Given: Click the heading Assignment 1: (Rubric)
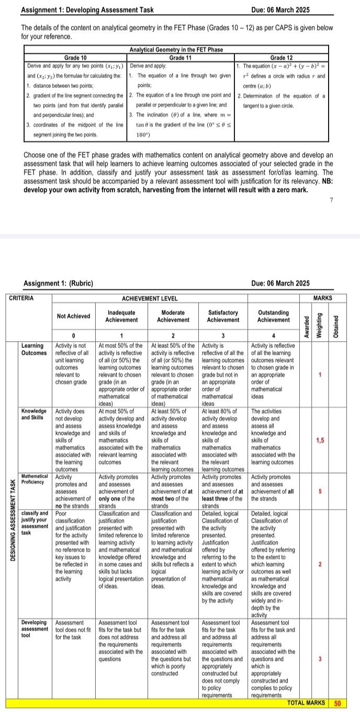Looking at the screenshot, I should point(59,284).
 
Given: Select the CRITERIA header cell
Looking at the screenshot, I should point(21,298).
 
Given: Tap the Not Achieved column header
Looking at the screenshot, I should point(74,316).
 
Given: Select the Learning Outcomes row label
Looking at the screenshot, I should point(32,349).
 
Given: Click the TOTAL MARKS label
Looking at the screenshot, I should point(306,703).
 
